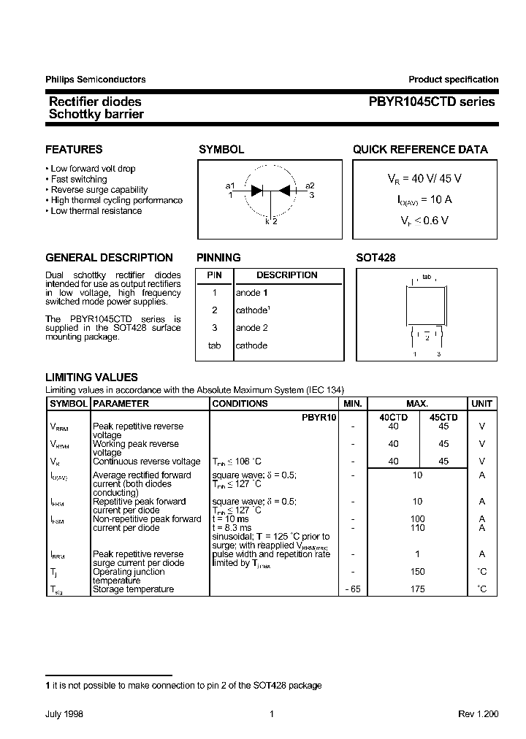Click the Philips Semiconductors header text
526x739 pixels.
(x=95, y=80)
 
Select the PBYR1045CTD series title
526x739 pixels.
(x=431, y=102)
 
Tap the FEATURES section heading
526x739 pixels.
(x=74, y=150)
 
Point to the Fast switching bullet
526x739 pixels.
(x=79, y=179)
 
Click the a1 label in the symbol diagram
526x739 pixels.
(x=230, y=186)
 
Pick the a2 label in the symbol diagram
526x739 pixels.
(x=310, y=186)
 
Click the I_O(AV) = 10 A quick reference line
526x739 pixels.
(x=419, y=199)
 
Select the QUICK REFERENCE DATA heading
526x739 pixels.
(x=420, y=150)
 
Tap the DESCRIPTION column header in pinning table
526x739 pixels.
(x=286, y=275)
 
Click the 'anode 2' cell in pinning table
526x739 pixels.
(x=251, y=328)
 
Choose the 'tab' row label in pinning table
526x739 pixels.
(x=214, y=345)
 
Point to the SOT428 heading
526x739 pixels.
(x=376, y=258)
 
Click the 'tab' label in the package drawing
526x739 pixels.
(x=427, y=277)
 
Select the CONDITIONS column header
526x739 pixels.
(x=240, y=404)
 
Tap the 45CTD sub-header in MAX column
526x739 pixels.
(x=443, y=417)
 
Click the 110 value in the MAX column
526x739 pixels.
(x=417, y=527)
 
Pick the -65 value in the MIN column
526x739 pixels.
(x=351, y=589)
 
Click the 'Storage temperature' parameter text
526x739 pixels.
(x=133, y=589)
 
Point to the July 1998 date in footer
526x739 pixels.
(x=64, y=714)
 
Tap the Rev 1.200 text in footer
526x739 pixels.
(x=478, y=714)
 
